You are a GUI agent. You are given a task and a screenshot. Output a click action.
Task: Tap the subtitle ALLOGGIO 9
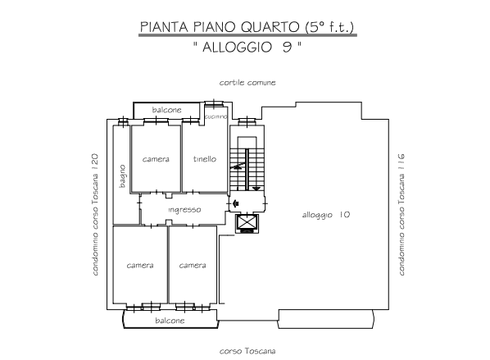pyautogui.click(x=247, y=48)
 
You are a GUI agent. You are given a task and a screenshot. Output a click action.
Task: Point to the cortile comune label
pyautogui.click(x=247, y=83)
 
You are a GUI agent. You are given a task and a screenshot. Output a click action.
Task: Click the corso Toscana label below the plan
pyautogui.click(x=247, y=351)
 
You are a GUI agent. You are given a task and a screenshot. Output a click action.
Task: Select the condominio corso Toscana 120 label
pyautogui.click(x=95, y=215)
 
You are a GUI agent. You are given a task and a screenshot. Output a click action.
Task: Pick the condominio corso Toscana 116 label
pyautogui.click(x=402, y=215)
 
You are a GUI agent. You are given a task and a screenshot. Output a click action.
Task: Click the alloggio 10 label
pyautogui.click(x=326, y=215)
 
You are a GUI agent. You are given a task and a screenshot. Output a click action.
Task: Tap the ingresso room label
pyautogui.click(x=184, y=210)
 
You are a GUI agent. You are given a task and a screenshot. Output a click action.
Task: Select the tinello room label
pyautogui.click(x=205, y=159)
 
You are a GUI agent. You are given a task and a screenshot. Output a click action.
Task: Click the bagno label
pyautogui.click(x=123, y=176)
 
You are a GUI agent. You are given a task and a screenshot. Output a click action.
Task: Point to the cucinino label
pyautogui.click(x=216, y=116)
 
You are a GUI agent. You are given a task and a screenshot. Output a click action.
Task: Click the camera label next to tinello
pyautogui.click(x=156, y=159)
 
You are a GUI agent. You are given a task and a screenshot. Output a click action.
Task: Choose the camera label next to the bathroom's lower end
pyautogui.click(x=140, y=266)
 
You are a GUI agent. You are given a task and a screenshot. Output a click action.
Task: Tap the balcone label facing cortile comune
pyautogui.click(x=166, y=110)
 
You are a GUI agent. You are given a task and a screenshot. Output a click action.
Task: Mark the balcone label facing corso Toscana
pyautogui.click(x=170, y=321)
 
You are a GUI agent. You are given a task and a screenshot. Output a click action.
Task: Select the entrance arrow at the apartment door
pyautogui.click(x=236, y=203)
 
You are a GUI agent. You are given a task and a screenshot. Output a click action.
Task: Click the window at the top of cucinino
pyautogui.click(x=214, y=103)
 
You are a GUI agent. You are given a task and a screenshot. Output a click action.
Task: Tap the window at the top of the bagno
pyautogui.click(x=124, y=121)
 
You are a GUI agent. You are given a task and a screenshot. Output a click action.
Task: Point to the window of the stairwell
pyautogui.click(x=247, y=121)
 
